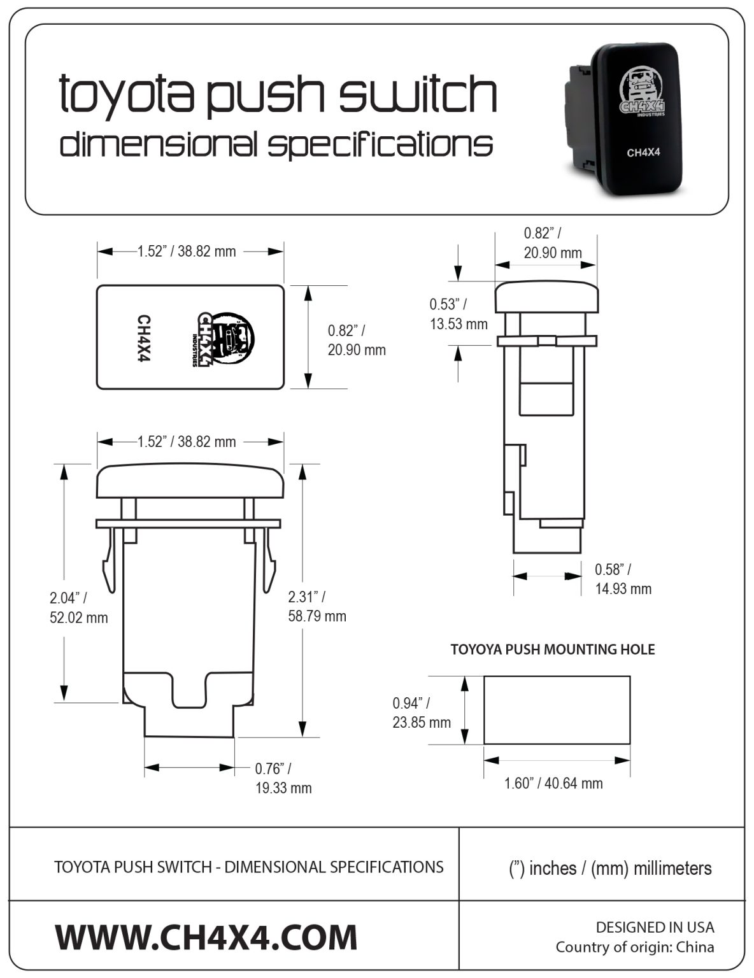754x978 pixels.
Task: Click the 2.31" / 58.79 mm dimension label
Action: [x=317, y=606]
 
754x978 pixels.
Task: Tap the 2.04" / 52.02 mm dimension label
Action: [x=78, y=607]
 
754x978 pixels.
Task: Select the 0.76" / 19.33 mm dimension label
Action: [x=283, y=778]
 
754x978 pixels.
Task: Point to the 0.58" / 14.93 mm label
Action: [x=623, y=579]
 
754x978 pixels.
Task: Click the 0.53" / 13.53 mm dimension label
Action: [x=458, y=314]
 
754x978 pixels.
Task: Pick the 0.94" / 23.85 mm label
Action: [x=421, y=712]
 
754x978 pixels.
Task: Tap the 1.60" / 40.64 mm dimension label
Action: [x=553, y=783]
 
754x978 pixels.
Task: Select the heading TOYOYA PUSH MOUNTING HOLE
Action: [x=552, y=649]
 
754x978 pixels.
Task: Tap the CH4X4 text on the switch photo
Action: [x=642, y=152]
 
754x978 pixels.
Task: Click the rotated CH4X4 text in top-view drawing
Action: [x=144, y=338]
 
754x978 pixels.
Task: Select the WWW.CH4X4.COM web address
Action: [x=206, y=937]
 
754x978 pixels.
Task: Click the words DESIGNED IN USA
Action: [x=655, y=927]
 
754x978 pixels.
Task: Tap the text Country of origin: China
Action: [x=634, y=947]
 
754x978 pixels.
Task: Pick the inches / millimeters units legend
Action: [x=610, y=868]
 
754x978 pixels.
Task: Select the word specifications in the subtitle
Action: [x=380, y=145]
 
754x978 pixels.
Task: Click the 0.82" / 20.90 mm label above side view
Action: [x=552, y=243]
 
